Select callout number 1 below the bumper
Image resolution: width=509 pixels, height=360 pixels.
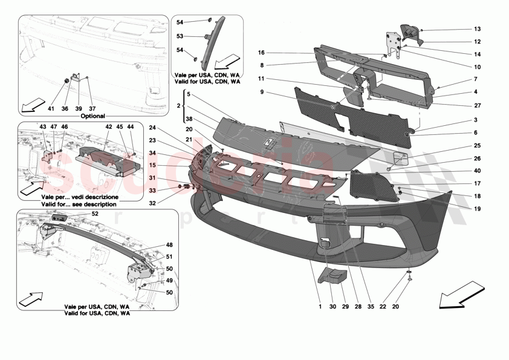320,307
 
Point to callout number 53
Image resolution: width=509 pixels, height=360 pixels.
180,36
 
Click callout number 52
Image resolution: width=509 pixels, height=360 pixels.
95,214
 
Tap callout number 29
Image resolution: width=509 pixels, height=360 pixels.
345,307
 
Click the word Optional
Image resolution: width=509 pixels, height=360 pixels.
92,116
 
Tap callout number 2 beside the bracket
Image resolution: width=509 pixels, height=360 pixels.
179,105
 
